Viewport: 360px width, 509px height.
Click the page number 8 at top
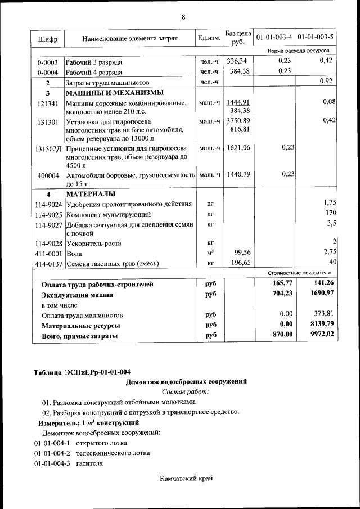click(183, 17)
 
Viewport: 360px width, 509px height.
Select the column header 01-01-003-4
click(274, 38)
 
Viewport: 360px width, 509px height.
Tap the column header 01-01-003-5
click(316, 38)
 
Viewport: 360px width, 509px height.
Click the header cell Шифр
click(47, 38)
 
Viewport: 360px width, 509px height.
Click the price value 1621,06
click(237, 148)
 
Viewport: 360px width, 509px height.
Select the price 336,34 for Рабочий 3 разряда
click(237, 61)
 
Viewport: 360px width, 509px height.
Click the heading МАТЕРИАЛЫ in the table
click(91, 194)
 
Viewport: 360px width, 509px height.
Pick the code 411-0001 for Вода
click(48, 254)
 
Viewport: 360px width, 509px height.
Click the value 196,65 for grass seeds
click(237, 263)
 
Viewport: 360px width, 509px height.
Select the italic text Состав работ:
click(185, 391)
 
